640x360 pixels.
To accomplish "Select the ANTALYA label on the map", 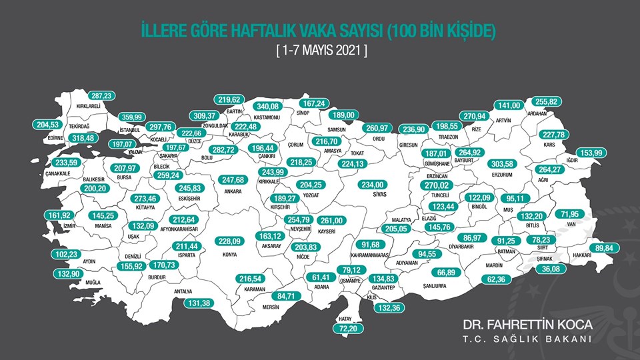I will pyautogui.click(x=183, y=291).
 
